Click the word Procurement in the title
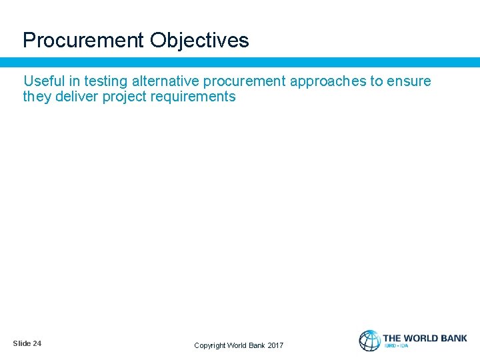tap(83, 41)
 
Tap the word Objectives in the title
tap(199, 41)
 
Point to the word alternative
tap(166, 81)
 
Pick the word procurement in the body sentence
tap(245, 82)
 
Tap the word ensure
tap(410, 81)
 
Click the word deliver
tap(77, 97)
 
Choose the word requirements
tap(195, 97)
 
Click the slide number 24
tap(37, 343)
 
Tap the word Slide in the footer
tap(21, 343)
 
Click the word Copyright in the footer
tap(209, 345)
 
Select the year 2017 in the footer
tap(275, 345)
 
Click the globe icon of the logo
tap(369, 341)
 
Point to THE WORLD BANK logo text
tap(425, 338)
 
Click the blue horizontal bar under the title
tap(240, 62)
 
